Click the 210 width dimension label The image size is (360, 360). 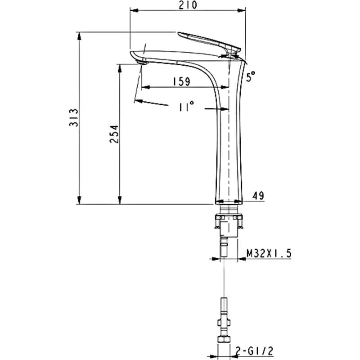point(188,5)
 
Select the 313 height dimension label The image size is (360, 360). point(74,117)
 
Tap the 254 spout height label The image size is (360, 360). point(114,134)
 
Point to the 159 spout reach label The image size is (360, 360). point(181,81)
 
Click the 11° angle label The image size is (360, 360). point(186,106)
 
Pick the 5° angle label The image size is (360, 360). point(251,76)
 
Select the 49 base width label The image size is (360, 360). point(258,196)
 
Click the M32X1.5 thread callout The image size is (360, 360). point(269,253)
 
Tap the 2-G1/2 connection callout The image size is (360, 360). point(254,351)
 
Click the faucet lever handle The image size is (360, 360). point(209,42)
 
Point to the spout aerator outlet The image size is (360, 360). point(142,62)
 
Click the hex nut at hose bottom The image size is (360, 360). point(224,339)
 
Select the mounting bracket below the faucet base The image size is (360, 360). point(229,221)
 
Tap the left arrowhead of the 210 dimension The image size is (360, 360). point(134,10)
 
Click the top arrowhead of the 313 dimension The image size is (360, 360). point(79,36)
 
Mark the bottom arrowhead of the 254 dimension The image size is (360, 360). point(119,200)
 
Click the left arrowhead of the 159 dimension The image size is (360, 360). point(146,87)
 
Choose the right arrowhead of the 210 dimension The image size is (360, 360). point(241,10)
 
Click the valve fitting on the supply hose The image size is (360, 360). point(224,323)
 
